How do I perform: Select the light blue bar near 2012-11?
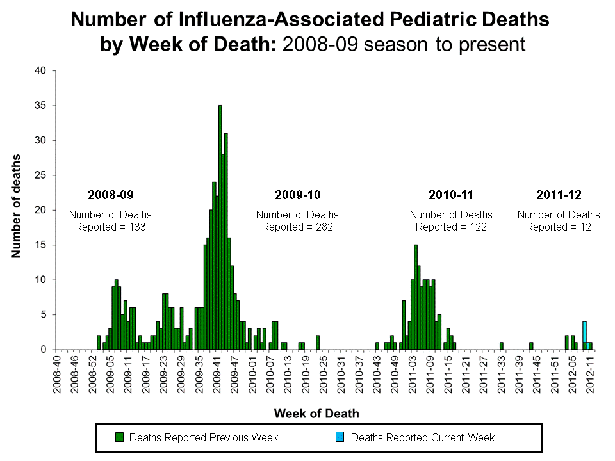584,336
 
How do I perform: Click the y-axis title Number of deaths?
15,206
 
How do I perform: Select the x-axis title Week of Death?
316,414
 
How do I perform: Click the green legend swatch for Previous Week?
119,437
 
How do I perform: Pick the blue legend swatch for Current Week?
340,437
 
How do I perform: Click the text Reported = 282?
297,227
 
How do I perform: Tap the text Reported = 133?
110,227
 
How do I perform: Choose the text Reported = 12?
559,227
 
